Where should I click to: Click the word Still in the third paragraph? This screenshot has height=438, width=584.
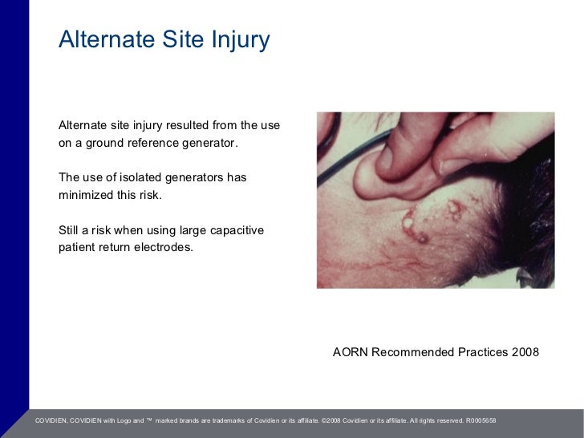(x=71, y=230)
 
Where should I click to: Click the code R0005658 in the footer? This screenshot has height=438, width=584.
(x=481, y=420)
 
